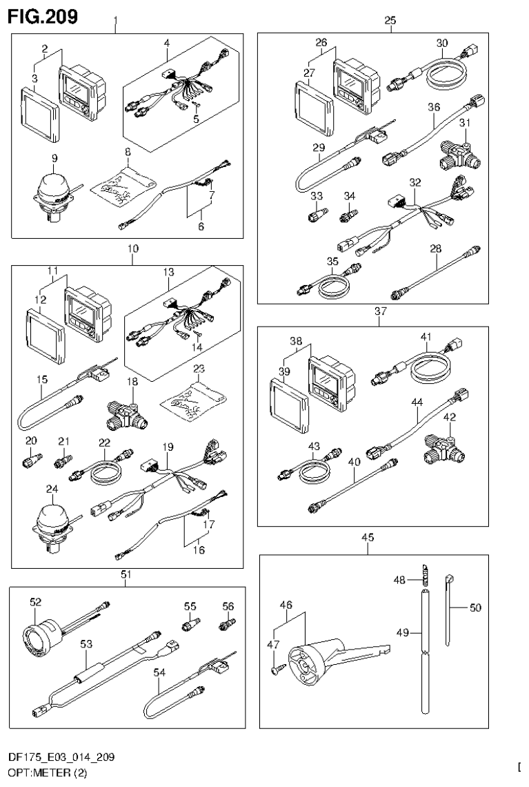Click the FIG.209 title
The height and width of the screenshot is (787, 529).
point(43,15)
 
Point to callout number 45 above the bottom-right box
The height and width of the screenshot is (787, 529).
point(367,536)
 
